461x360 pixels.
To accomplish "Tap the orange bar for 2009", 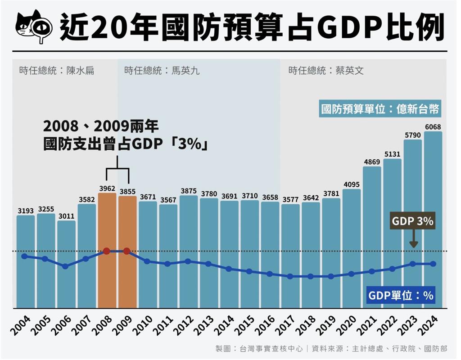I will (x=127, y=252).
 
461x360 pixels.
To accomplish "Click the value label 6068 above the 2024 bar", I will (x=433, y=126).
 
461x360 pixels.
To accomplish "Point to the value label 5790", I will (x=412, y=135).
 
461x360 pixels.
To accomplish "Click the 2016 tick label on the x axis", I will (x=266, y=325).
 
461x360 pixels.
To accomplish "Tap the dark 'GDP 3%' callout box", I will (x=412, y=221).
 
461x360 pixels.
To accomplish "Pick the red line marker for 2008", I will (x=107, y=251).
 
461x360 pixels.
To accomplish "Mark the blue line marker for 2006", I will (x=66, y=266).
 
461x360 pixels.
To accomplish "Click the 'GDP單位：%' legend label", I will (x=400, y=295).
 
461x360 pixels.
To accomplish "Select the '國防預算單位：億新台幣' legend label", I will (x=380, y=109).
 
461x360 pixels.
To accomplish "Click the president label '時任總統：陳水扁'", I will (x=57, y=71).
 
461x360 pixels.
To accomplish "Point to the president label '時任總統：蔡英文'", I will (x=326, y=71).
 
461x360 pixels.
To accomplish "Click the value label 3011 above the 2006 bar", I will (x=66, y=216).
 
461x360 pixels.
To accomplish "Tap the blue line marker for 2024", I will (x=433, y=264).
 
